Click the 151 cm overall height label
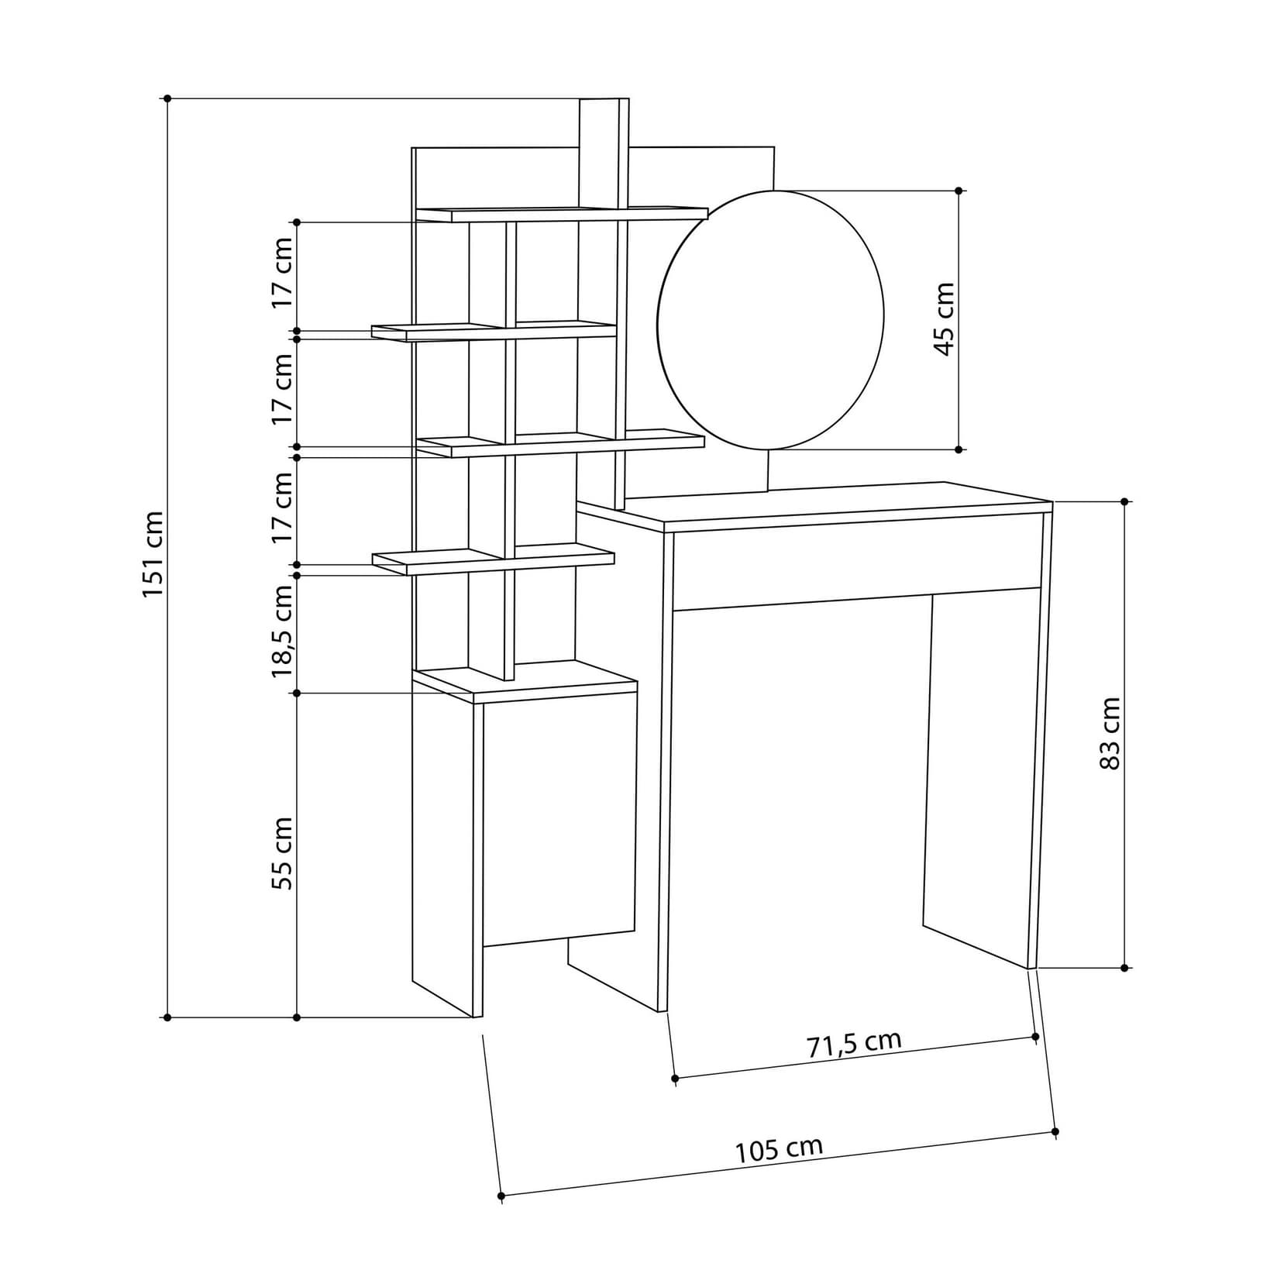[153, 553]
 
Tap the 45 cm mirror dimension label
[944, 319]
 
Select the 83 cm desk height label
[1110, 733]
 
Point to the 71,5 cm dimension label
[854, 1043]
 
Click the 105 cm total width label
[779, 1149]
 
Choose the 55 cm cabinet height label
[283, 852]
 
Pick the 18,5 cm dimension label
[283, 631]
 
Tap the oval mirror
[770, 319]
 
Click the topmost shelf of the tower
[562, 213]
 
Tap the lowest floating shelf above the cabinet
[493, 559]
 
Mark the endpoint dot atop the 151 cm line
[167, 98]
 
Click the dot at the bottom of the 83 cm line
[1125, 968]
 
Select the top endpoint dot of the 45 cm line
[959, 190]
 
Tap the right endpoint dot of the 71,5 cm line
[1036, 1036]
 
